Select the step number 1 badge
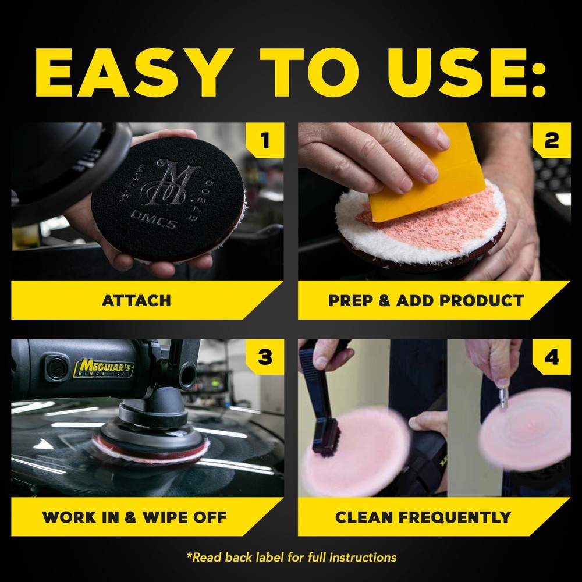click(x=265, y=140)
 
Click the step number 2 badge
click(x=551, y=140)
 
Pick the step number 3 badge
click(x=265, y=357)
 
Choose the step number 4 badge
click(x=551, y=357)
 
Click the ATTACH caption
click(x=136, y=301)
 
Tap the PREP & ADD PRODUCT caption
click(x=426, y=301)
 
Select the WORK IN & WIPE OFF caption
click(x=134, y=517)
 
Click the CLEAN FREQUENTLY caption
click(x=423, y=517)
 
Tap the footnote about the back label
click(x=291, y=558)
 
